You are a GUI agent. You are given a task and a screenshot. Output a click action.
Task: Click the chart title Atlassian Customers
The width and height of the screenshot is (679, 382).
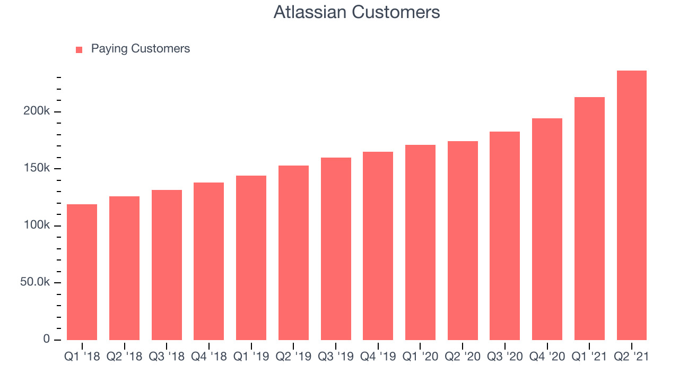click(x=356, y=12)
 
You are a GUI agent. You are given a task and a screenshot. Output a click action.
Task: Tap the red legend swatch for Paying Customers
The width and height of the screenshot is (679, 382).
click(x=79, y=50)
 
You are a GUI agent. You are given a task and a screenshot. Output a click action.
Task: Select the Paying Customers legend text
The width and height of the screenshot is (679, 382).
click(x=141, y=48)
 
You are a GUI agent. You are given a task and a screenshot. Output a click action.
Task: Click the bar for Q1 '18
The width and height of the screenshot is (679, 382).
click(x=82, y=272)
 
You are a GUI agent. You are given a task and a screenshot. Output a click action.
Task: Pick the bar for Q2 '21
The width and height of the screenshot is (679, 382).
click(x=632, y=205)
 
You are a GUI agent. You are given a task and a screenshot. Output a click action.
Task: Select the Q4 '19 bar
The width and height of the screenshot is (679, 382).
click(x=378, y=246)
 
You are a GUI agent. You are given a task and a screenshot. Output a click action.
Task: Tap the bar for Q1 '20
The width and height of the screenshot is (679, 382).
click(x=421, y=242)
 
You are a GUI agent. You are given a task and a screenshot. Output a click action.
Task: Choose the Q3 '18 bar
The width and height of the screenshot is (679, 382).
click(x=167, y=265)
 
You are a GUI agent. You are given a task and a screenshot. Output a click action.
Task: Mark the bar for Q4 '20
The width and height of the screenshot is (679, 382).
click(x=547, y=229)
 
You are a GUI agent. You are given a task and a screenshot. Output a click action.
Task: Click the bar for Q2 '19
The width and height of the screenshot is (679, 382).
click(x=293, y=253)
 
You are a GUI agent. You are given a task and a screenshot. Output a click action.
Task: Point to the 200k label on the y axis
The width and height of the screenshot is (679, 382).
click(x=37, y=111)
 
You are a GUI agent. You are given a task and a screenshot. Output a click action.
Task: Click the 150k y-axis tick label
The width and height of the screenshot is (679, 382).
click(x=37, y=168)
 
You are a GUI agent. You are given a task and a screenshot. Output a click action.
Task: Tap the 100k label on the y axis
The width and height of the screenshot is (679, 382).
click(x=37, y=225)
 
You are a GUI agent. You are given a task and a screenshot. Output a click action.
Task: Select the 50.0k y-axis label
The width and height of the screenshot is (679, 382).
click(x=35, y=282)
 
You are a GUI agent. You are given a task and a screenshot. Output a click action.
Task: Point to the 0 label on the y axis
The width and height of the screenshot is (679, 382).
click(x=46, y=339)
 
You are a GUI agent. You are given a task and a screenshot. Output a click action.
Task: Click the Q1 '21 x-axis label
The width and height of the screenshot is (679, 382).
click(x=589, y=357)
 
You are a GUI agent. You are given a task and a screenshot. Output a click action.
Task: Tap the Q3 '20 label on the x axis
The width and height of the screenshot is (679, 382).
click(x=504, y=357)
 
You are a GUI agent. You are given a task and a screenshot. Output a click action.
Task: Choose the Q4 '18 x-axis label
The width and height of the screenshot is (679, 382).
click(x=209, y=357)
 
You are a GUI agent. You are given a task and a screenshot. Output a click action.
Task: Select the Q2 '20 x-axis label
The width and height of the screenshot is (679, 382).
click(x=463, y=357)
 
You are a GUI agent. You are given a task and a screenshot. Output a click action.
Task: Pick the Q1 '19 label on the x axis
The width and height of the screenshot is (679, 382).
click(x=251, y=357)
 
